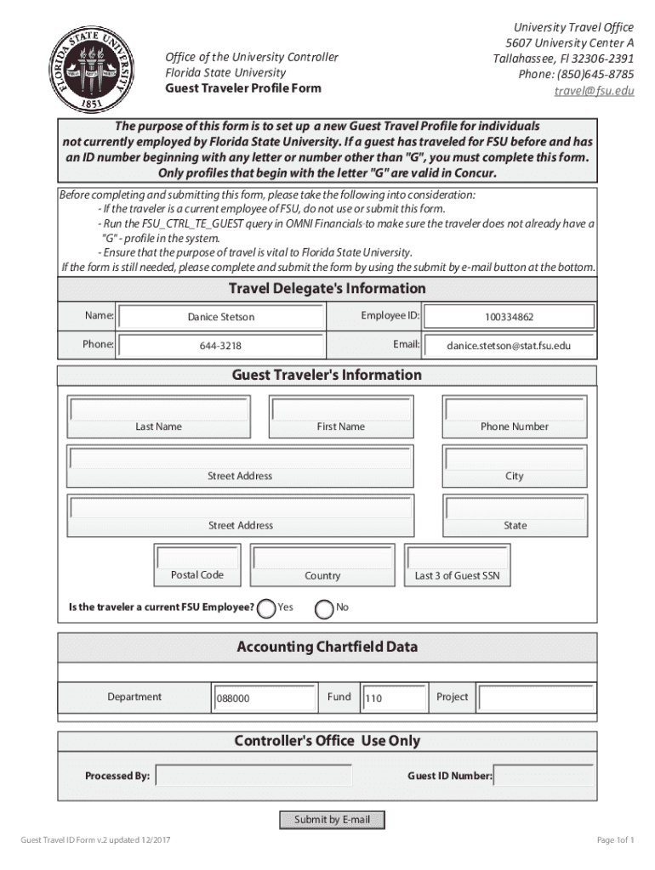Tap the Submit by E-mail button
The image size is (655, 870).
333,820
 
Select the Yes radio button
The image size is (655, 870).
266,608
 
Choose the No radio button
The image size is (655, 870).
324,608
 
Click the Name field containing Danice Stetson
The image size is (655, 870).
221,317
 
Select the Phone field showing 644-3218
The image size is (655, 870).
221,346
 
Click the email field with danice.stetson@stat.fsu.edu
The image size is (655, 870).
510,346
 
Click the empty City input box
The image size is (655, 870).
515,459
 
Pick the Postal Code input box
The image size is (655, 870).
197,557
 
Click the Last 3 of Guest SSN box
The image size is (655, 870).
458,557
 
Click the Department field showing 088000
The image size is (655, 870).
263,698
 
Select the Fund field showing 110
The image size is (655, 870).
393,698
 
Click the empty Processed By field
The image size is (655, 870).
253,776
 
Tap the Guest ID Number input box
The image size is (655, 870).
544,776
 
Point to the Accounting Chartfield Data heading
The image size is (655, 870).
327,647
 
